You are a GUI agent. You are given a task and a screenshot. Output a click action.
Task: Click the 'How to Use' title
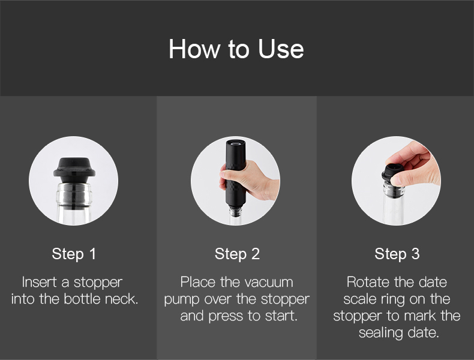(x=236, y=49)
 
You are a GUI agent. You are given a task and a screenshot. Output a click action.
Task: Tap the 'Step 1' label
(x=74, y=254)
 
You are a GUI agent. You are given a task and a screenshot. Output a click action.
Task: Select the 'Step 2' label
(x=237, y=254)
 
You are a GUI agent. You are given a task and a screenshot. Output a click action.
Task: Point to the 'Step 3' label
(x=397, y=254)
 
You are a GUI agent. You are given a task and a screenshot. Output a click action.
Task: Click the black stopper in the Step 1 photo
(x=74, y=170)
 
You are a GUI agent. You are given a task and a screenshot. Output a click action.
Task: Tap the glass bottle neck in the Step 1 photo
(x=74, y=203)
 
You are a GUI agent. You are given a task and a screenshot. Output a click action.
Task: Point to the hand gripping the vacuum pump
(x=248, y=181)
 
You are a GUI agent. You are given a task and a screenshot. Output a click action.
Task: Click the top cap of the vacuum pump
(x=236, y=143)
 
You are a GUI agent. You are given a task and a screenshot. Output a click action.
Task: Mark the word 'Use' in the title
(x=281, y=49)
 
